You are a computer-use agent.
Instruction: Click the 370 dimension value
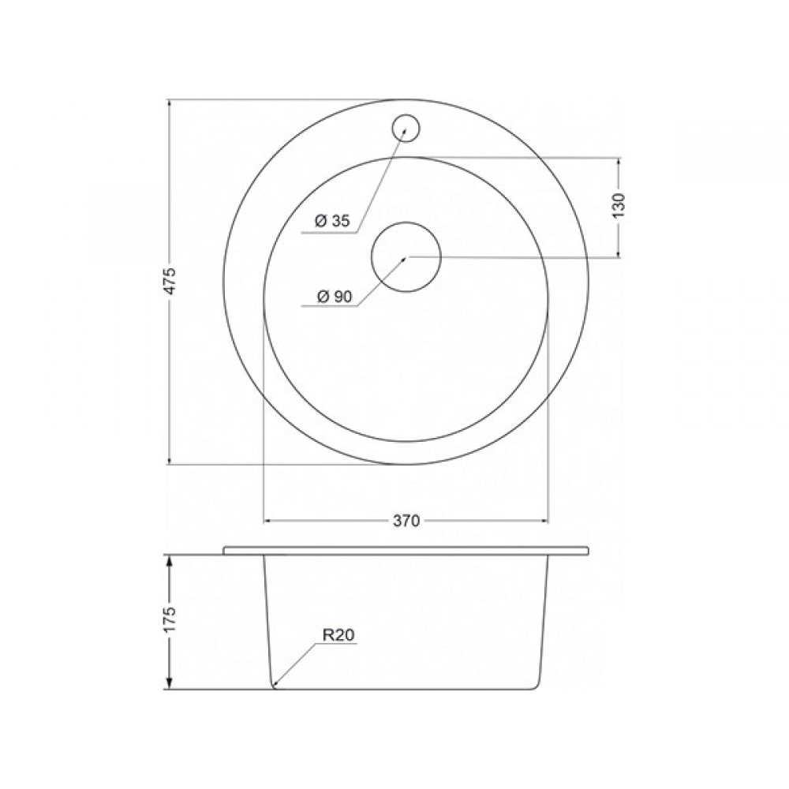tap(406, 521)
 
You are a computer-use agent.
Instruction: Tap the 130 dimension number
tap(619, 205)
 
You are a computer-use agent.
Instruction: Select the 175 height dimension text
tap(171, 620)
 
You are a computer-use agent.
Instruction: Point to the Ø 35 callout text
tap(332, 221)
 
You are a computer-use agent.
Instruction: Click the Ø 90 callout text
tap(334, 297)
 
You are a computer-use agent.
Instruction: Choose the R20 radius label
tap(338, 635)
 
